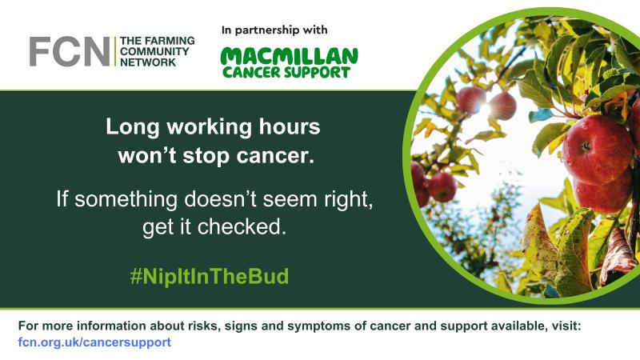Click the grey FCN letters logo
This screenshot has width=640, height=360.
tap(69, 51)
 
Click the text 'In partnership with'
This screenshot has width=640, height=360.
tap(274, 30)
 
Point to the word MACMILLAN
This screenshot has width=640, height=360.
tap(289, 56)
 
